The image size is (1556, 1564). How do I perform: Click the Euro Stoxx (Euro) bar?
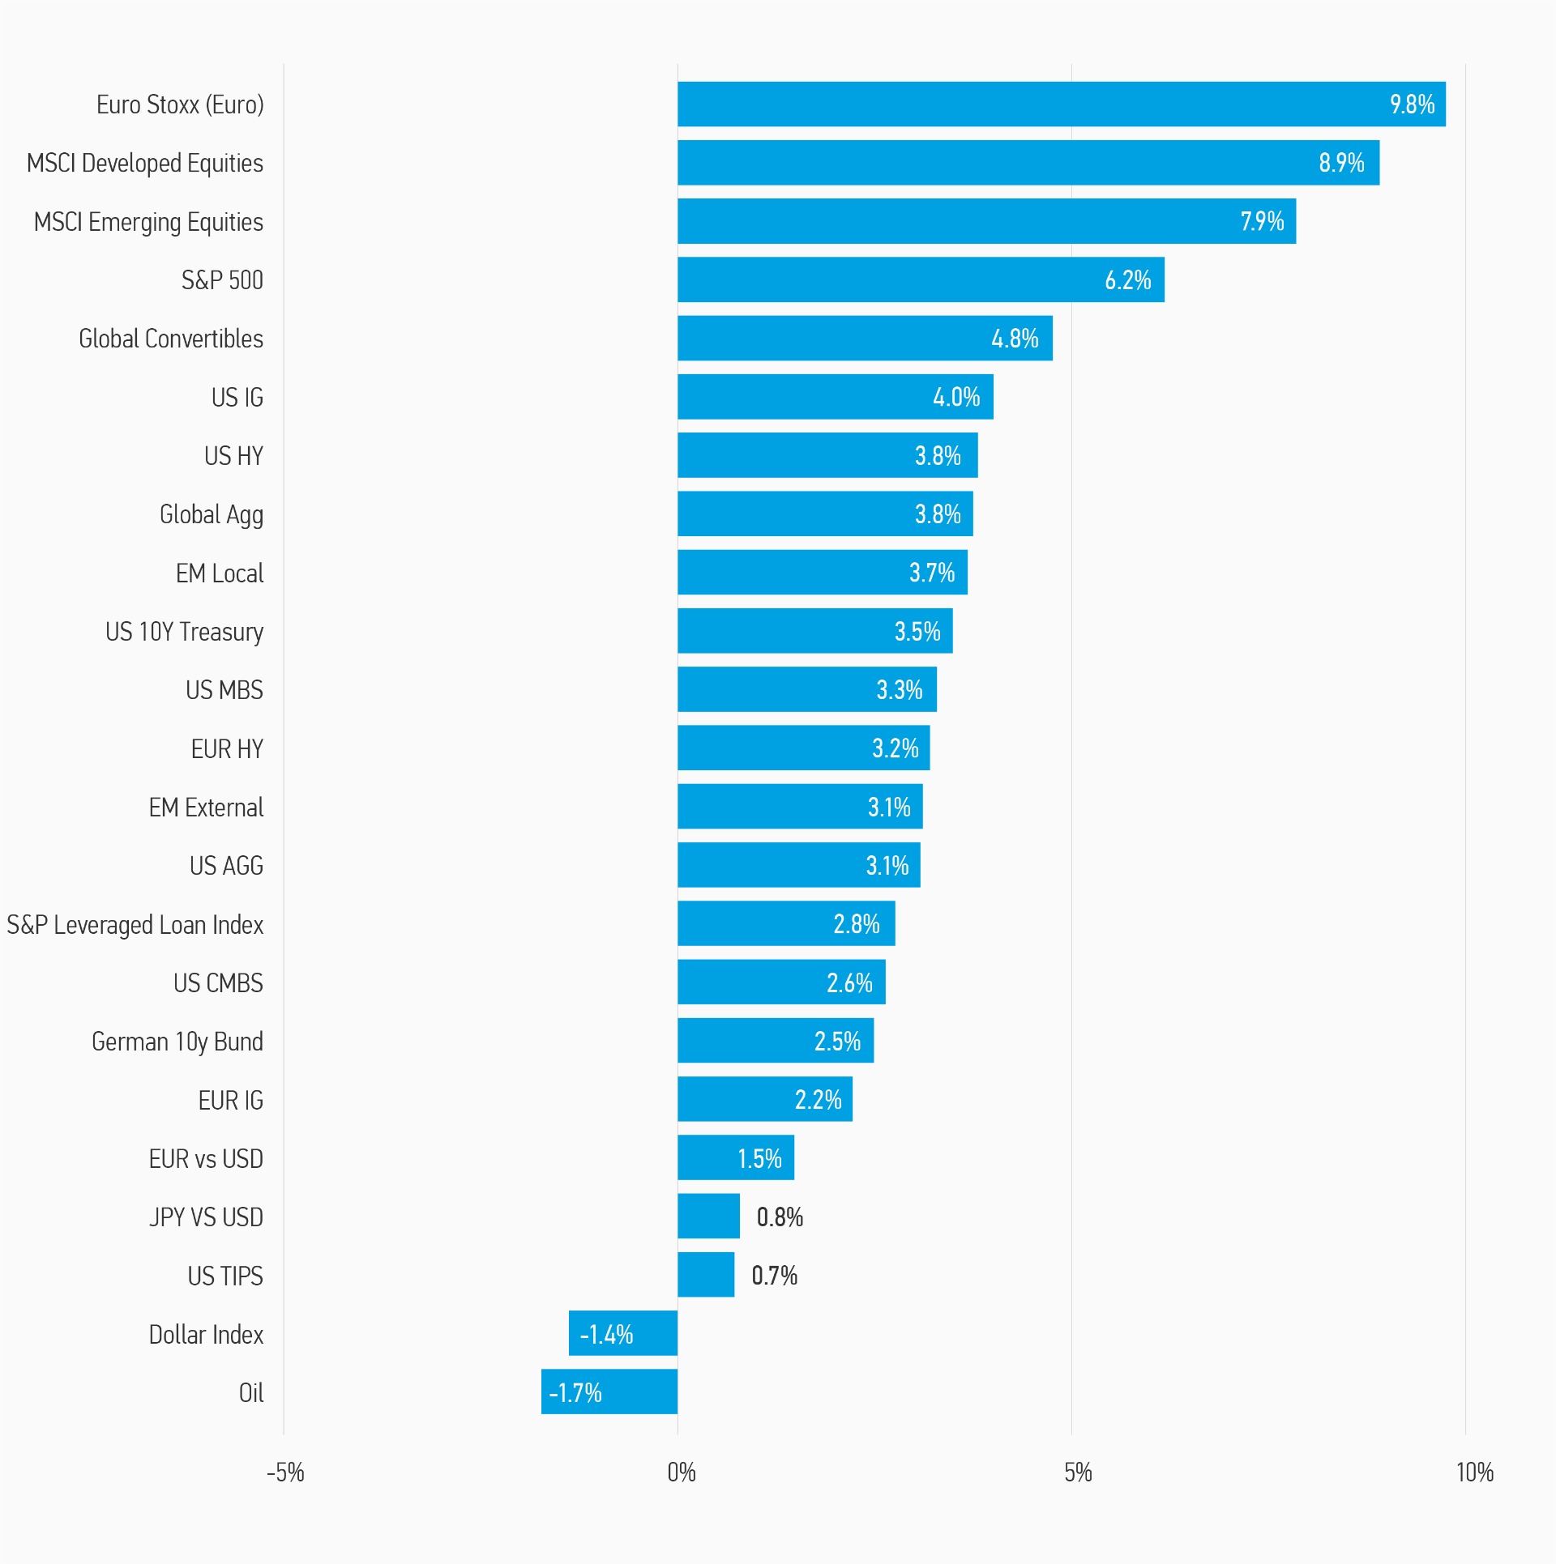tap(1061, 104)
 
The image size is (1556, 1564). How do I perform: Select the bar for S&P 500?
tap(921, 280)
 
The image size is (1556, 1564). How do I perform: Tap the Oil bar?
tap(609, 1391)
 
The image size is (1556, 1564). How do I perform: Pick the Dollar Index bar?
tap(623, 1333)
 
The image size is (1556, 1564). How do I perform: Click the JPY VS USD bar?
tap(708, 1216)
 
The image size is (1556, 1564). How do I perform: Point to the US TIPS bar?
tap(706, 1275)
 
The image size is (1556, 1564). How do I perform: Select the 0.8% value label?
tap(780, 1217)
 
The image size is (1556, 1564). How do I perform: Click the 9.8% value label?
tap(1412, 104)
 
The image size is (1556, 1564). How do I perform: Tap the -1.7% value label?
tap(575, 1393)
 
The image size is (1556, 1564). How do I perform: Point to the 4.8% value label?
tap(1015, 339)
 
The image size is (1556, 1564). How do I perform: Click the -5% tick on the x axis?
tap(285, 1472)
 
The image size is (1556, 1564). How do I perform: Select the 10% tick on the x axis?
tap(1474, 1472)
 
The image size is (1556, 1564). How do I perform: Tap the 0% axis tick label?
tap(681, 1472)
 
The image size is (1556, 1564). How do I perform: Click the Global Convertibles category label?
tap(171, 339)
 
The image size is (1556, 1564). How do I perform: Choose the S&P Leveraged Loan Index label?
tap(135, 925)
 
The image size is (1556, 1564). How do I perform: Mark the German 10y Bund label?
tap(177, 1042)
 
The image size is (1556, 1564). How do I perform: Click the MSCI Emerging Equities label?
tap(148, 222)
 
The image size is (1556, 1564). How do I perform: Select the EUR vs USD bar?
tap(736, 1157)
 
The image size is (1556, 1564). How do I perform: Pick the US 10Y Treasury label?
tap(184, 632)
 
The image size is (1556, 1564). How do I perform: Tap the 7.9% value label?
tap(1262, 221)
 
